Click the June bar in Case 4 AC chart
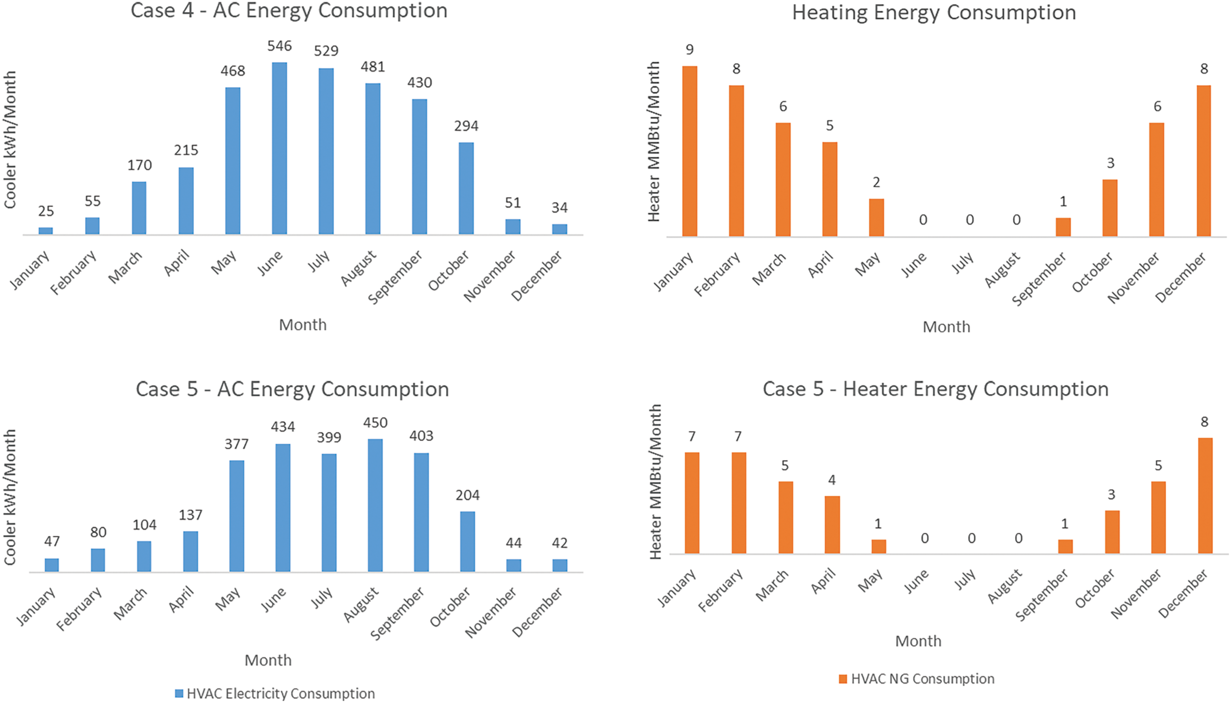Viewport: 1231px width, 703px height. [x=279, y=148]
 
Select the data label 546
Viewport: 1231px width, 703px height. [x=280, y=46]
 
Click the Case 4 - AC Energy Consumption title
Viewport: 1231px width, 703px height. [x=289, y=11]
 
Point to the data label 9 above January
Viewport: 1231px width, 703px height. [x=689, y=49]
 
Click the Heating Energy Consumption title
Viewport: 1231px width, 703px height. [x=934, y=13]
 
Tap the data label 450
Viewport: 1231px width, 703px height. [x=375, y=423]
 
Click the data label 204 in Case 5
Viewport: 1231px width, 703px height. [x=467, y=495]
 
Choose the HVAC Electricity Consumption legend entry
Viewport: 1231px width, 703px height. [x=275, y=693]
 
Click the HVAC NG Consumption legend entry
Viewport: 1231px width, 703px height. [x=917, y=679]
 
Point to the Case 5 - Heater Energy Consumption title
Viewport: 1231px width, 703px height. [x=935, y=389]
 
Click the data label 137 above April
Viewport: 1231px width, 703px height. [x=190, y=515]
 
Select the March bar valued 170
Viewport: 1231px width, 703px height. [x=139, y=208]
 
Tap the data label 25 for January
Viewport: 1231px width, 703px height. [x=46, y=211]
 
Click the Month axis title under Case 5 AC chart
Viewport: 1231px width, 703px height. [x=268, y=660]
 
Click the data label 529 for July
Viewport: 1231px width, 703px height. [x=326, y=51]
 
